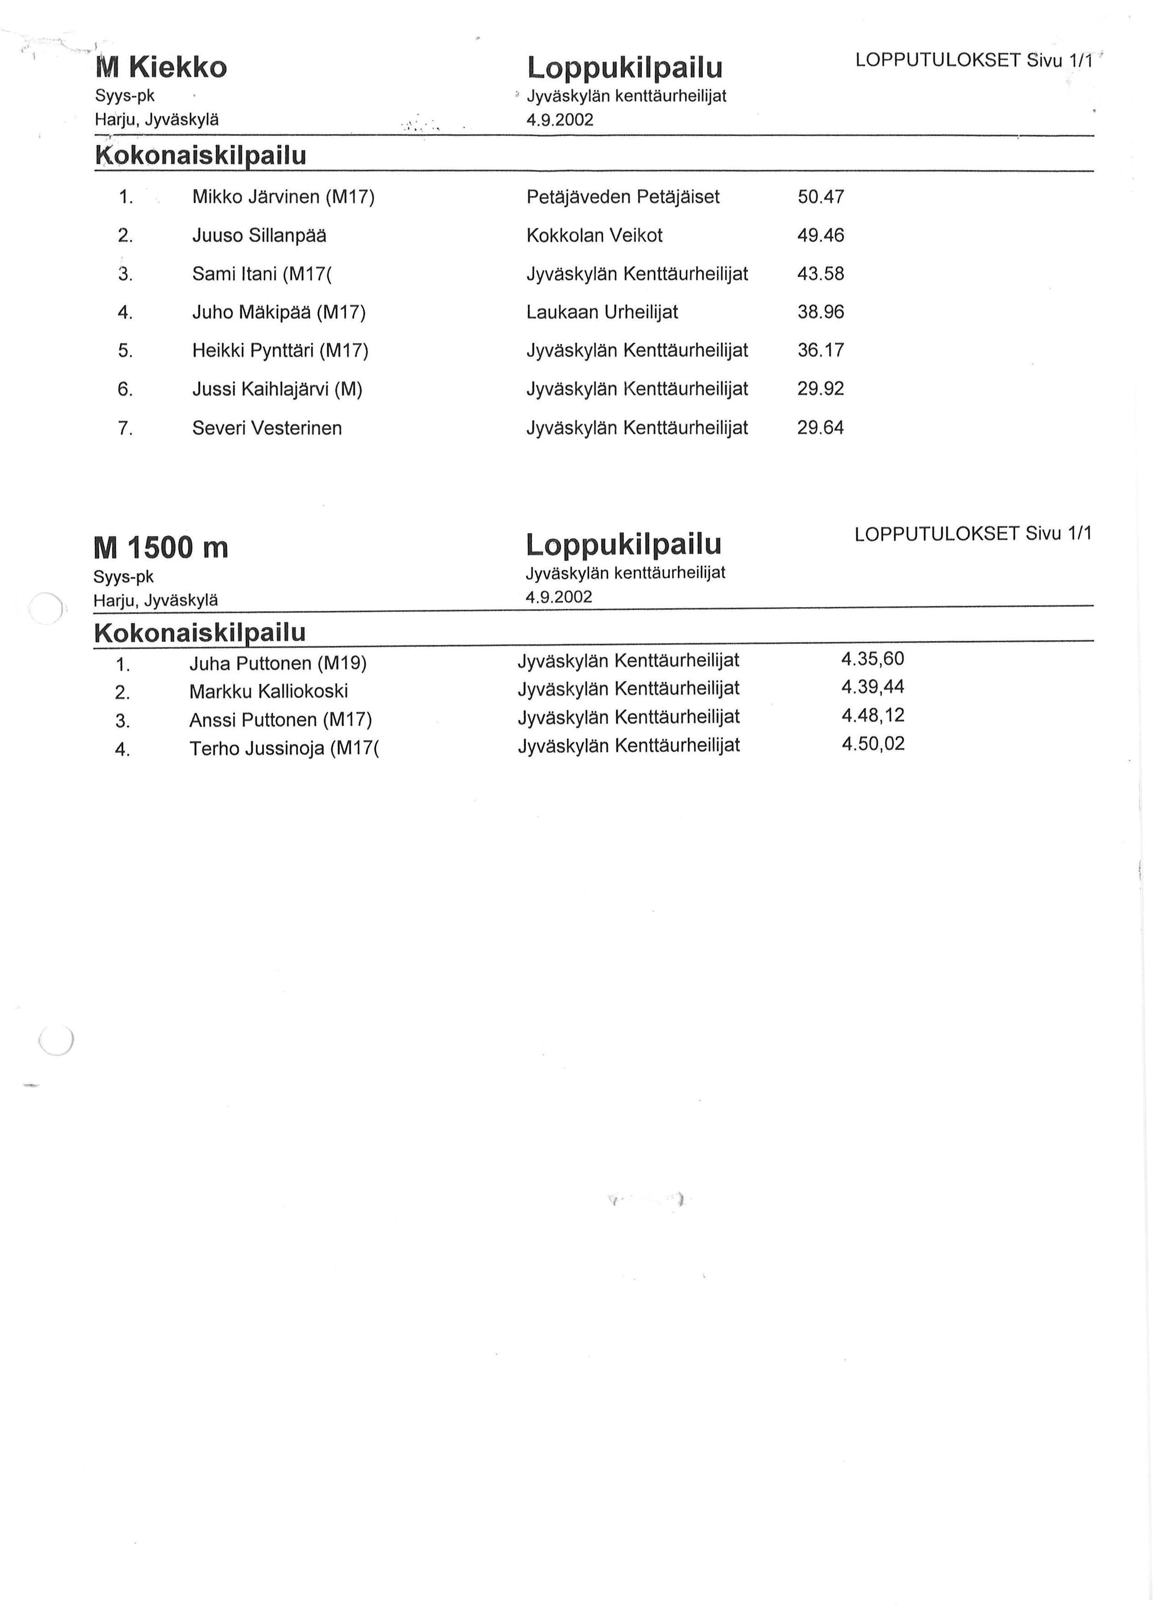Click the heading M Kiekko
(161, 68)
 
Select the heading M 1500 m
(161, 547)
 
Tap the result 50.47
(821, 197)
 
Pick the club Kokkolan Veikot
(594, 235)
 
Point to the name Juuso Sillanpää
(259, 235)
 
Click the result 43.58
(821, 273)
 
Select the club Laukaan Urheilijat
(602, 312)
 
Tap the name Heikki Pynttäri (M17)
(280, 350)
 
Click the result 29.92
(821, 388)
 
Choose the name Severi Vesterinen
(267, 428)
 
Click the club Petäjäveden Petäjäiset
(623, 197)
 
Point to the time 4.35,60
(872, 659)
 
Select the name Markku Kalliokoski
(268, 691)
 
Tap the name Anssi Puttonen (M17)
(281, 719)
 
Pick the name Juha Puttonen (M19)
(277, 663)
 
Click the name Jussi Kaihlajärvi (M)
(277, 389)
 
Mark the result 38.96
(821, 312)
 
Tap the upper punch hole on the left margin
(46, 608)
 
